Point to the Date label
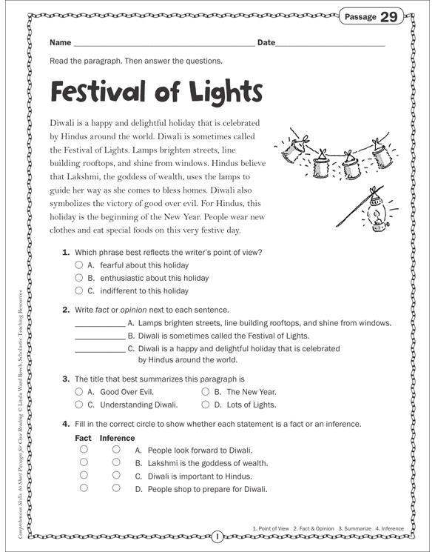[x=265, y=43]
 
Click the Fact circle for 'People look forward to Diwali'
[x=84, y=450]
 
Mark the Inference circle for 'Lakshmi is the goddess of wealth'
[x=116, y=462]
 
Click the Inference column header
[x=117, y=437]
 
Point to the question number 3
[x=66, y=378]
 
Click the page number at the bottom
[x=217, y=536]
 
